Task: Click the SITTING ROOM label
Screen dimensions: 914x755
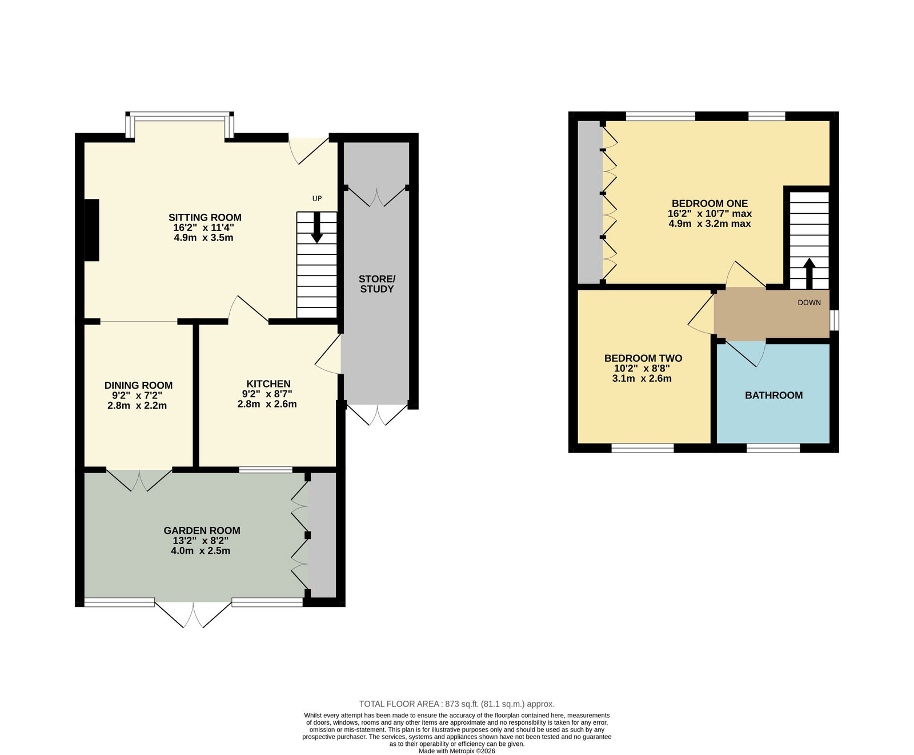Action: [205, 217]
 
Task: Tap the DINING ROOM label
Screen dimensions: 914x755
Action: [138, 385]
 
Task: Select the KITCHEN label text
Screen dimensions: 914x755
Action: [268, 384]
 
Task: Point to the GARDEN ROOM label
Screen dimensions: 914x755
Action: [202, 530]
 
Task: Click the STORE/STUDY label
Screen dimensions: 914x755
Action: [377, 283]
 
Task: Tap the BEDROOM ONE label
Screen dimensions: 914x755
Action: [709, 203]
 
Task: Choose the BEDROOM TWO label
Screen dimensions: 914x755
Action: [643, 358]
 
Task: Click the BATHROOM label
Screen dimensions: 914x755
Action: [773, 395]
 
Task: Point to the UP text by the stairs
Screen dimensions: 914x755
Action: [317, 198]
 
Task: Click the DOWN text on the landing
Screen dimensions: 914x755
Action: [809, 302]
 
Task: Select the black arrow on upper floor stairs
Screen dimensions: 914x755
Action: [809, 274]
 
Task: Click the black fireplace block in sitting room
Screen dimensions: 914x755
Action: [91, 230]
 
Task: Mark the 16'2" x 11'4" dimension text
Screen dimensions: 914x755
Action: [203, 227]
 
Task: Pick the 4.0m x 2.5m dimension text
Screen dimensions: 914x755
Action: [201, 551]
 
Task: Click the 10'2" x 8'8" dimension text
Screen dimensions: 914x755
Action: [642, 369]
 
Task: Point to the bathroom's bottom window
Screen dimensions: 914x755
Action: [773, 448]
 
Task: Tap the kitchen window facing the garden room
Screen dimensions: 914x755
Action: [266, 470]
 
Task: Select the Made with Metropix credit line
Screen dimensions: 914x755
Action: [457, 751]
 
